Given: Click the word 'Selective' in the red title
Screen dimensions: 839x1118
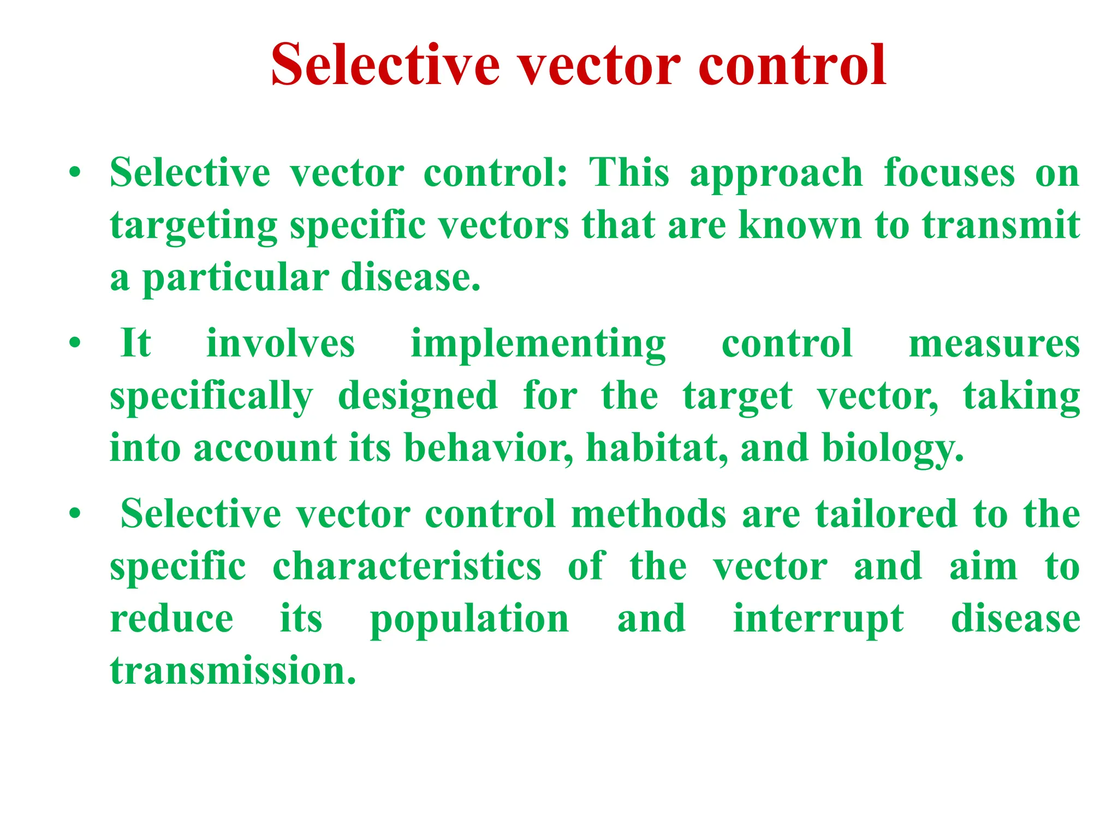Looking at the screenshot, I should tap(385, 66).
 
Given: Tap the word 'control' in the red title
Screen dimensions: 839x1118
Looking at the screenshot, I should tap(792, 66).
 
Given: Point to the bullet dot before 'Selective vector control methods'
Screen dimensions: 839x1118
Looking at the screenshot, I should tap(75, 515).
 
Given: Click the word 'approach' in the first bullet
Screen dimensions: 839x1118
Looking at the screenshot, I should tap(776, 174).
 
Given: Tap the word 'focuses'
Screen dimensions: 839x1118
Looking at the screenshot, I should tap(949, 174).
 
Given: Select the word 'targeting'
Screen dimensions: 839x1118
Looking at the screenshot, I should tap(194, 226).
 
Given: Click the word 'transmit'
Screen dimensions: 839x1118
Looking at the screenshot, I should tap(1001, 225).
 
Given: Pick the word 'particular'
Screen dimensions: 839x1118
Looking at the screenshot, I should tap(235, 279).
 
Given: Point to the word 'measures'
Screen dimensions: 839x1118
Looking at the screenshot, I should tap(994, 344).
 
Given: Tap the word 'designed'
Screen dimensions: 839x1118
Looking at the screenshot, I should tap(418, 397).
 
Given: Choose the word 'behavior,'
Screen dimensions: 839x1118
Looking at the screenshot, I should tap(489, 448).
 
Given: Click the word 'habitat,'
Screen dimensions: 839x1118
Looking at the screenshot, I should tap(657, 448).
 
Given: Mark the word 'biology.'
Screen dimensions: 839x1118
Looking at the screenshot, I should tap(893, 450).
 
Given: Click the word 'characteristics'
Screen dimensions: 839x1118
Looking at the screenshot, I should tap(407, 567).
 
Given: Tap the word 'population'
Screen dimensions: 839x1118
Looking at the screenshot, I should tap(469, 620).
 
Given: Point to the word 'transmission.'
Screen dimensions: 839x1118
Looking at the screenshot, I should tap(233, 671).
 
